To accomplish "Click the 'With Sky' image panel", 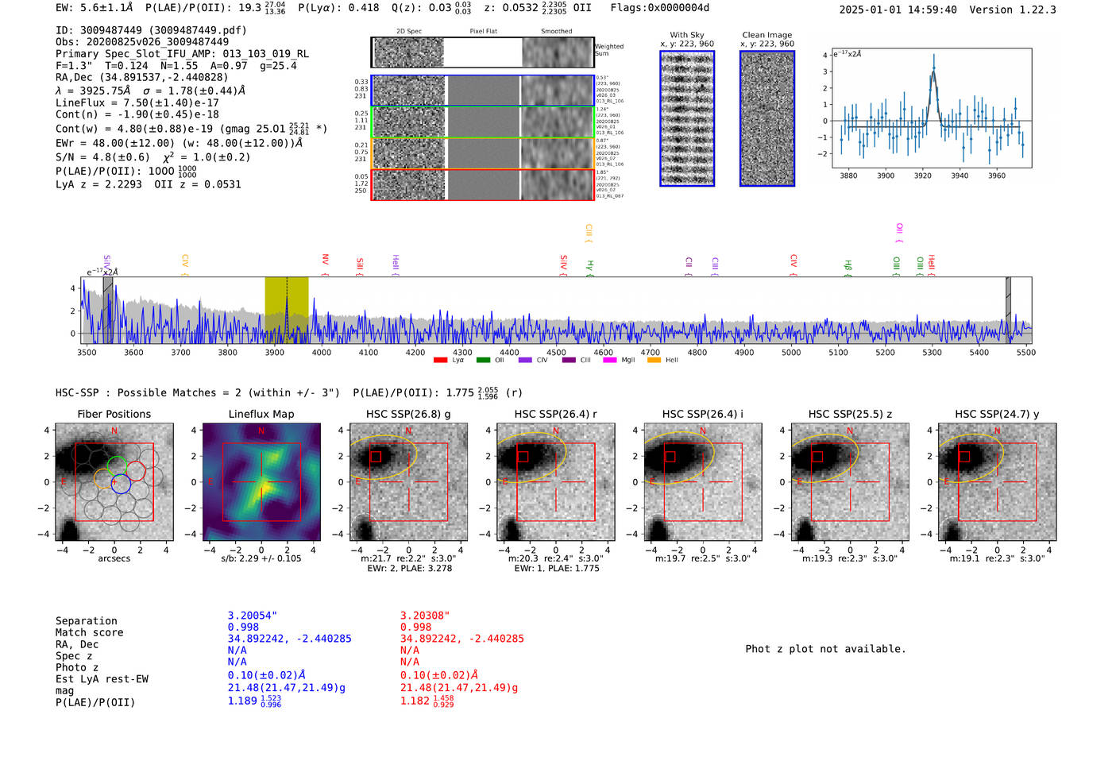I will (687, 118).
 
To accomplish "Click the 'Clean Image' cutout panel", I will (767, 118).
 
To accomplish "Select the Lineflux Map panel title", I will (261, 414).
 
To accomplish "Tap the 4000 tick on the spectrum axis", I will (321, 353).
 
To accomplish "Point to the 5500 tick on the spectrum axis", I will (1025, 353).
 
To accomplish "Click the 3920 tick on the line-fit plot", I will (922, 176).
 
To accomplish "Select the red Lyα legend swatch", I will (440, 361).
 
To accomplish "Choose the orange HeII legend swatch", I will (654, 361).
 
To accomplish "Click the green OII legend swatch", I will (483, 361).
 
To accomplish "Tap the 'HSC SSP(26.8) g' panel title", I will (408, 414).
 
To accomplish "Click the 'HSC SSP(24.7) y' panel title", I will (997, 414).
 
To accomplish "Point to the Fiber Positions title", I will (114, 414).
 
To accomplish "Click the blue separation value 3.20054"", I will (253, 616).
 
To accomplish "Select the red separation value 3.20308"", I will (425, 616).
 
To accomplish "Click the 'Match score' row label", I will (89, 632).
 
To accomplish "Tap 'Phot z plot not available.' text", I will (825, 649).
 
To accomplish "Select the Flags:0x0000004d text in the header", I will (660, 8).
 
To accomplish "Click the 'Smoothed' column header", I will (556, 32).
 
